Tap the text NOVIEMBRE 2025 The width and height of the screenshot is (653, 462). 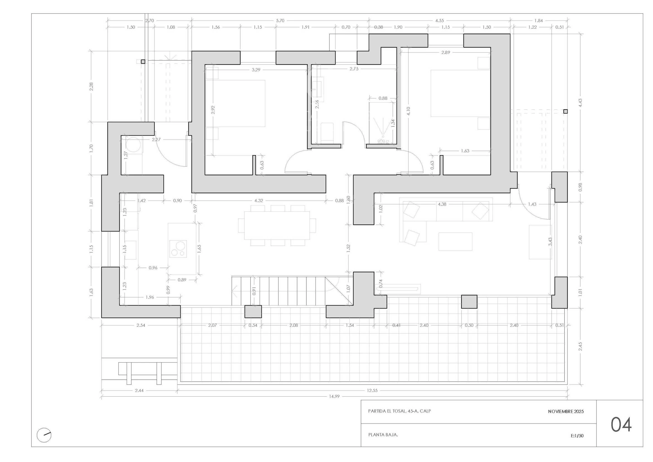566,411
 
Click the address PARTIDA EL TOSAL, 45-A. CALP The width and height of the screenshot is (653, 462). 399,411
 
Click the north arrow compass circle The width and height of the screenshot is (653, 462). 44,435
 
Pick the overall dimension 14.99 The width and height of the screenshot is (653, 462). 334,396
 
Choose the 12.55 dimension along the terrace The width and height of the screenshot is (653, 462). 372,390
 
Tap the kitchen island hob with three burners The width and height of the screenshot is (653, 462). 178,249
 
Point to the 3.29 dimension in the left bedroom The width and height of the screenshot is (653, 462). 256,70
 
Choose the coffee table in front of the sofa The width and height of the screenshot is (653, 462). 455,242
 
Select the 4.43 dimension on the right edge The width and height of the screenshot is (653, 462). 580,103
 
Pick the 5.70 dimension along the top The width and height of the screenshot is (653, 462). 280,20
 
